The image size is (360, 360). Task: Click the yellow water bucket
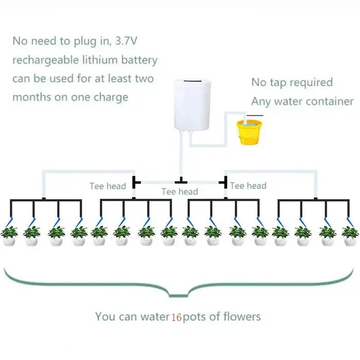point(249,132)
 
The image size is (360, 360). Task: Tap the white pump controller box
point(192,104)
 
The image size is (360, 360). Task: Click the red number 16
point(176,317)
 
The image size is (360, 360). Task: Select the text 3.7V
point(126,41)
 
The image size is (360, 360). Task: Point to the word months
point(31,97)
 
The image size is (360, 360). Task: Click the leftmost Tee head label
point(107,186)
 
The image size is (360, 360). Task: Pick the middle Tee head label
point(180,191)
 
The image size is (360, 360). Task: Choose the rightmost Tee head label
point(248,186)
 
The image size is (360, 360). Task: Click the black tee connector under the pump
point(181,181)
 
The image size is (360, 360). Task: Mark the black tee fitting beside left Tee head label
point(136,182)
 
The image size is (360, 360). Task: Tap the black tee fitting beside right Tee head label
point(224,182)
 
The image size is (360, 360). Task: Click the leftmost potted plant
point(9,236)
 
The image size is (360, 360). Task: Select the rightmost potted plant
point(350,236)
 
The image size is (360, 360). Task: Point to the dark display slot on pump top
point(192,81)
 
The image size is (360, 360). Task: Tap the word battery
point(139,60)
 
